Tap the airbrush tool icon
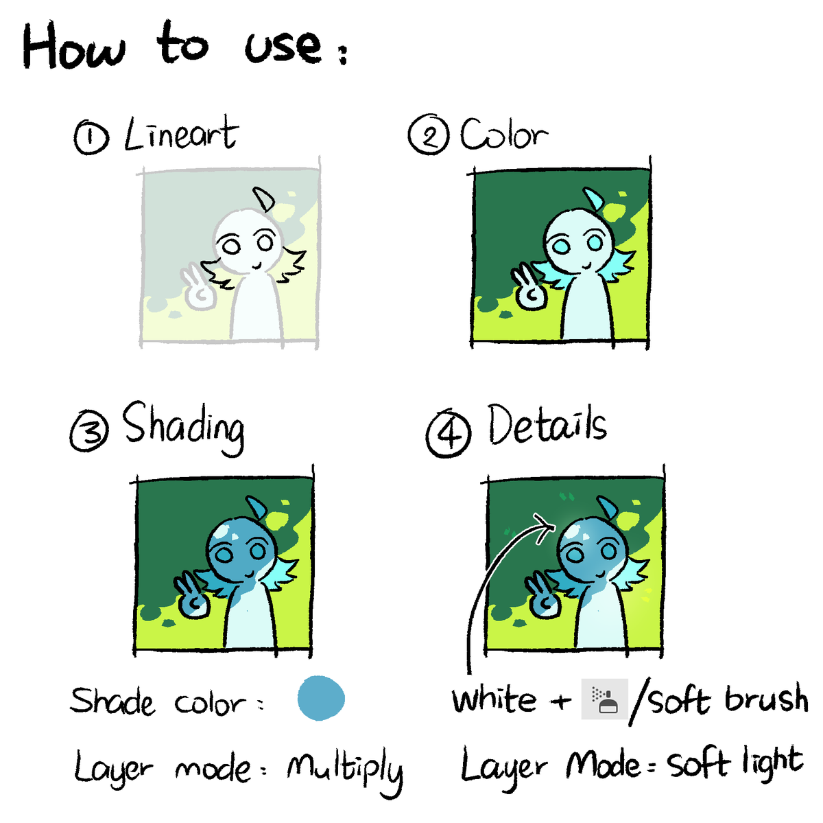604,699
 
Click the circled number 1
91,137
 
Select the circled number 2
429,135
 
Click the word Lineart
181,133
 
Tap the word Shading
184,428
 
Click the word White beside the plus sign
494,699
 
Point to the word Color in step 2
504,133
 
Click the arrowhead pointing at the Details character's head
545,528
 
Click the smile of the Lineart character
257,266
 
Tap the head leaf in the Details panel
608,507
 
